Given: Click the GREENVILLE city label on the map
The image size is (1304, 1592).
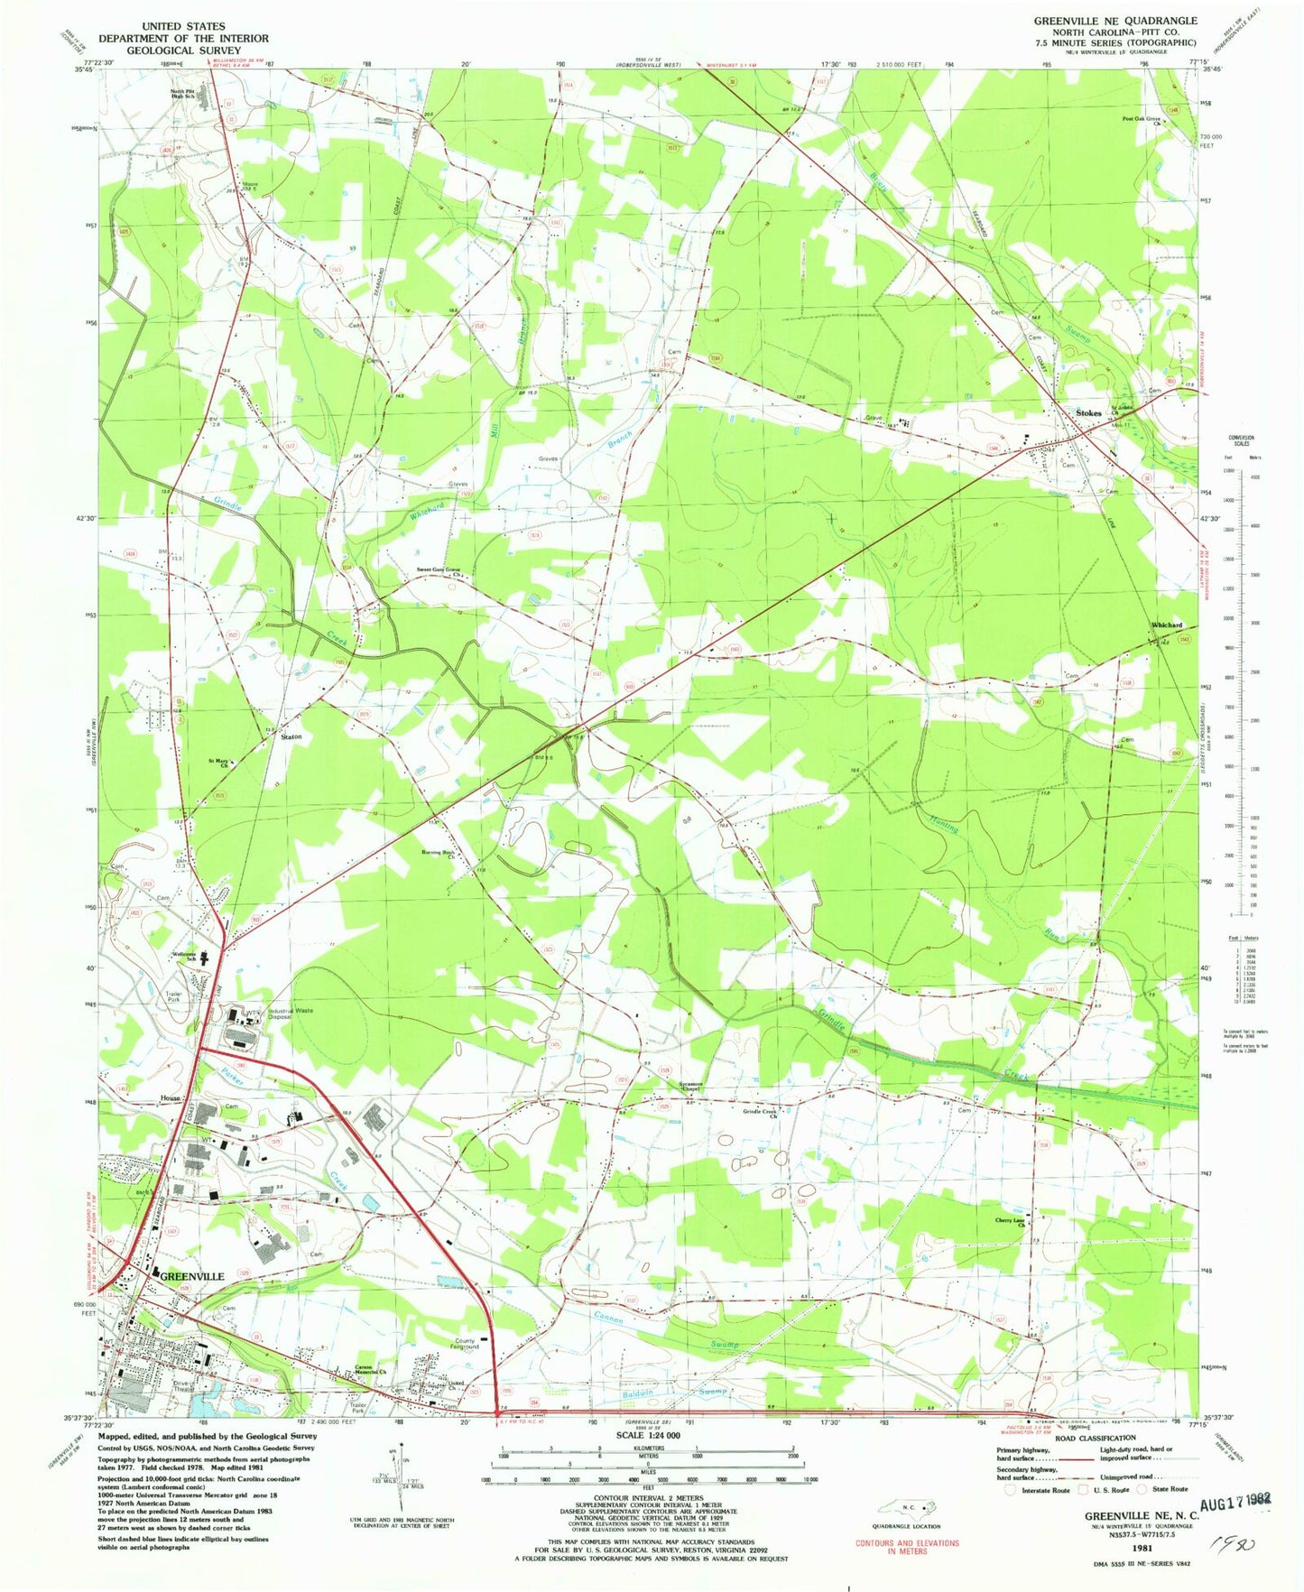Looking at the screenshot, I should (191, 1277).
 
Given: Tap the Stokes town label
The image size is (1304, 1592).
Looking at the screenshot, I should (1088, 412).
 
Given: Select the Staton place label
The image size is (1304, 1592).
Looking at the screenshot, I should (291, 736).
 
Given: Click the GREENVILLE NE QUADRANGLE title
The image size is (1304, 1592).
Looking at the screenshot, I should (1115, 20).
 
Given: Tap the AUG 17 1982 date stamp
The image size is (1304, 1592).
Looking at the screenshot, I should (1235, 1499).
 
